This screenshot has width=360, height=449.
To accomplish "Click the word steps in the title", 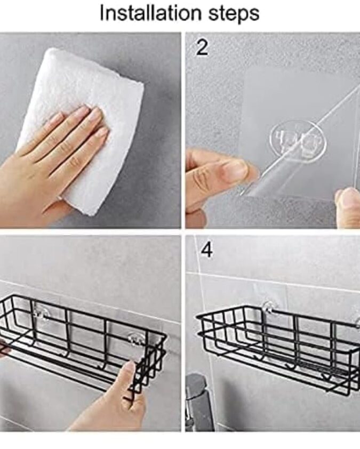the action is click(234, 13).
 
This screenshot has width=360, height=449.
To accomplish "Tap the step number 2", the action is click(203, 47).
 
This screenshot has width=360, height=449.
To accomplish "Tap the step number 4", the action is click(206, 250).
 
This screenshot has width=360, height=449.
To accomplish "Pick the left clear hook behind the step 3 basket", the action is click(42, 312).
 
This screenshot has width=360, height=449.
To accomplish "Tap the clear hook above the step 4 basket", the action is click(269, 307).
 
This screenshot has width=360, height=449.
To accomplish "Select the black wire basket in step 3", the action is click(83, 343).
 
